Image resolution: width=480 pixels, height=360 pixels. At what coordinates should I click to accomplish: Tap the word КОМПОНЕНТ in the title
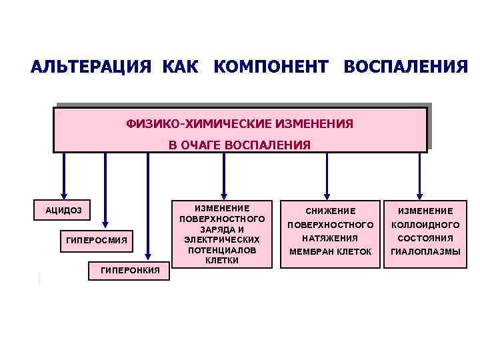pos(271,68)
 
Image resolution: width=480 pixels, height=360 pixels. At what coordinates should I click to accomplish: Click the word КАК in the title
pos(178,68)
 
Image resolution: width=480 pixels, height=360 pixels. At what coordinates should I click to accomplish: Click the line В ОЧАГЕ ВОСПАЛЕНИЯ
pos(239,145)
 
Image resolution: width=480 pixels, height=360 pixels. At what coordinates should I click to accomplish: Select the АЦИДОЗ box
pos(64,210)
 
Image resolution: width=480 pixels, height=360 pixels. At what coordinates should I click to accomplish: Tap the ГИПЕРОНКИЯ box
pos(129,270)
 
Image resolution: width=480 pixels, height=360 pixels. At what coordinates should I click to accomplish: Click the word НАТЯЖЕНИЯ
pos(329,238)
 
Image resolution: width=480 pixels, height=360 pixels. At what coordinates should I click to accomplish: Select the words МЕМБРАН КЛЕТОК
pos(329,251)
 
